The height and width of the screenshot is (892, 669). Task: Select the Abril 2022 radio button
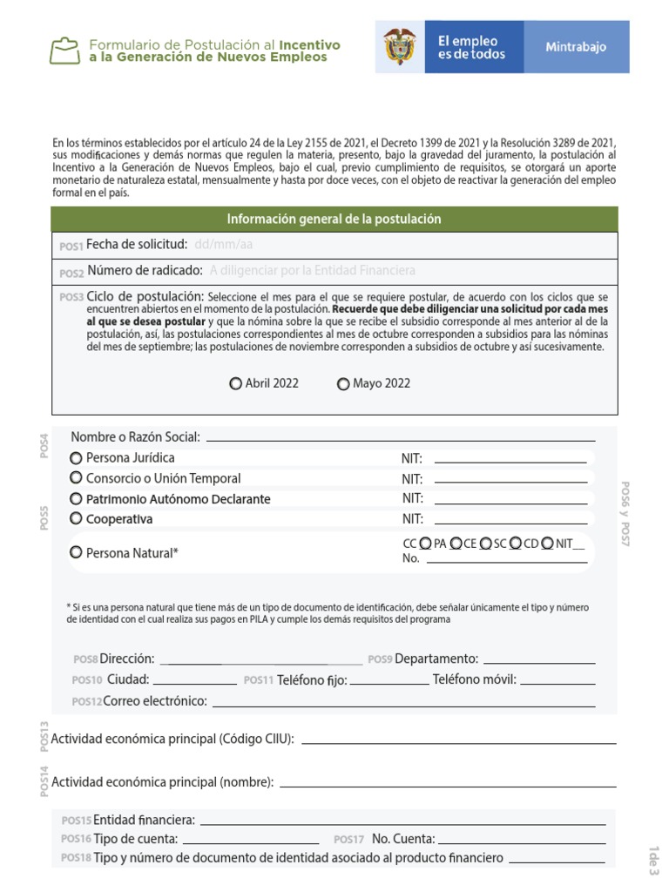pyautogui.click(x=236, y=384)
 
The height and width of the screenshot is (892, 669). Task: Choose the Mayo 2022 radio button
pyautogui.click(x=343, y=384)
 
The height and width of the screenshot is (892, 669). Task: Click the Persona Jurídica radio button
pyautogui.click(x=77, y=458)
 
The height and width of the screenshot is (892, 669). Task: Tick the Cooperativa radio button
pyautogui.click(x=77, y=519)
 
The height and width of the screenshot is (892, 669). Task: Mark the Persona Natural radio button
pyautogui.click(x=77, y=552)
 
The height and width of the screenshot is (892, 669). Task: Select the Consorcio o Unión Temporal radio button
pyautogui.click(x=77, y=478)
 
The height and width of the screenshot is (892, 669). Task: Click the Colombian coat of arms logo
pyautogui.click(x=400, y=47)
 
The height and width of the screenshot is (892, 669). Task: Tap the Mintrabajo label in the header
pyautogui.click(x=576, y=47)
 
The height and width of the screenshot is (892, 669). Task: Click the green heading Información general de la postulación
pyautogui.click(x=334, y=220)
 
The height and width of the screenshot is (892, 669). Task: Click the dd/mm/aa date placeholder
pyautogui.click(x=223, y=245)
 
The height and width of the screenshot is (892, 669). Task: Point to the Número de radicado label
pyautogui.click(x=145, y=271)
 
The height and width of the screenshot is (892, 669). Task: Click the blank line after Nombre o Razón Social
pyautogui.click(x=401, y=438)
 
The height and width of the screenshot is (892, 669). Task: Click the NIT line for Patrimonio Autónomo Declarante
pyautogui.click(x=510, y=502)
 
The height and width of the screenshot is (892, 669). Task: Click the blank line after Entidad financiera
pyautogui.click(x=402, y=822)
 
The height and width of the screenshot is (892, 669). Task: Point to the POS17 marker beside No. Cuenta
pyautogui.click(x=348, y=840)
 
